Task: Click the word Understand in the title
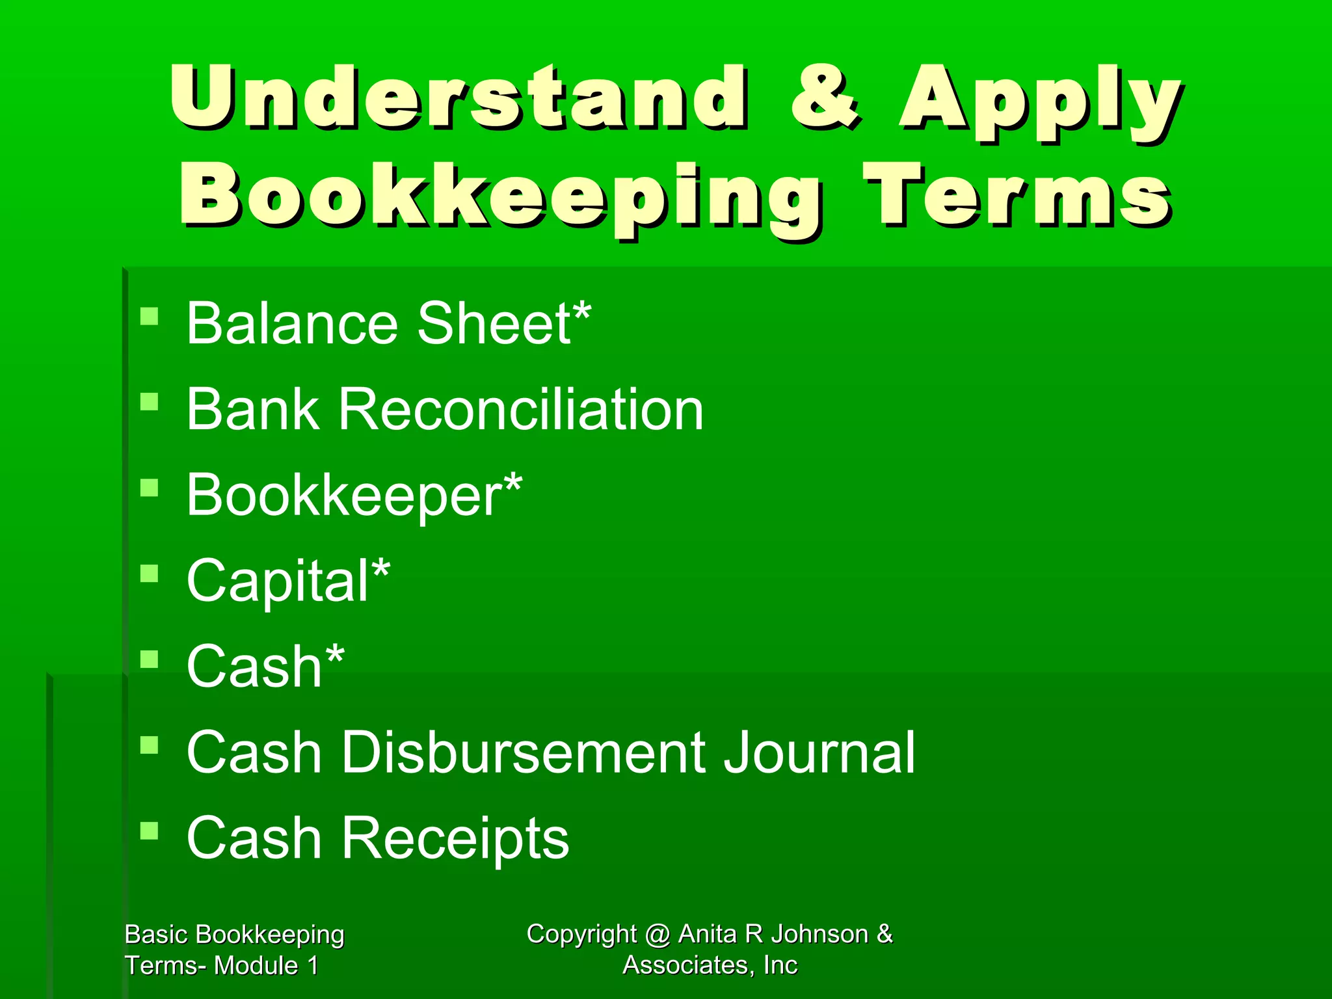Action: tap(459, 98)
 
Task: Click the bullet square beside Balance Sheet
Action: tap(150, 317)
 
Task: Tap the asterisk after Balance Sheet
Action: tap(581, 312)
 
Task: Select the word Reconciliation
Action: tap(521, 409)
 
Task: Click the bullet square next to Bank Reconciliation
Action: tap(150, 402)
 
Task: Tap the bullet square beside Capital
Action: tap(150, 574)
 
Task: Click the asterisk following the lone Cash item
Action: tap(334, 656)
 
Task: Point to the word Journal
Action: tap(819, 753)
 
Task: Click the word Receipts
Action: tap(455, 838)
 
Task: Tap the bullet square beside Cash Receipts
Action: tap(150, 831)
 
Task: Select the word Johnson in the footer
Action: tap(820, 934)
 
